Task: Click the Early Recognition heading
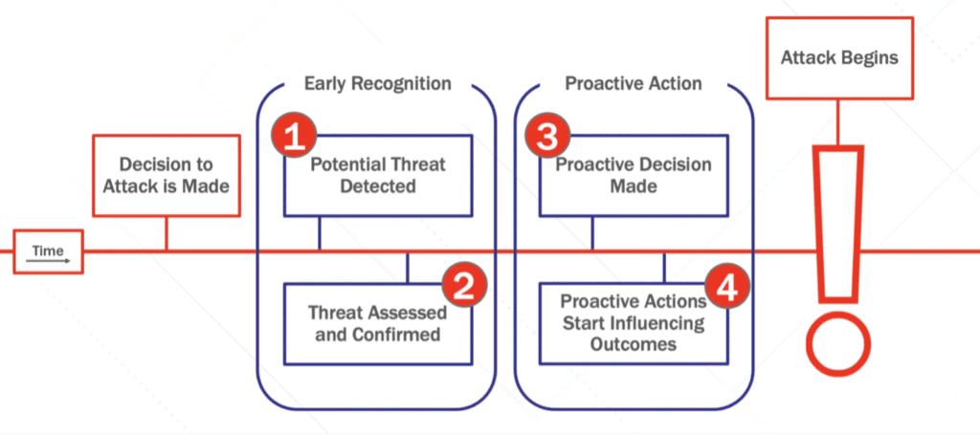(x=377, y=84)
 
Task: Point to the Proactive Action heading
(x=633, y=84)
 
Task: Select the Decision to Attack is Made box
(x=167, y=175)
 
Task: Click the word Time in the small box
(x=48, y=250)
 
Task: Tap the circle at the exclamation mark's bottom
(x=839, y=346)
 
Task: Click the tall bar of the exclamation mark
(x=839, y=220)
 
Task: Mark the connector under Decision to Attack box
(x=167, y=233)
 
